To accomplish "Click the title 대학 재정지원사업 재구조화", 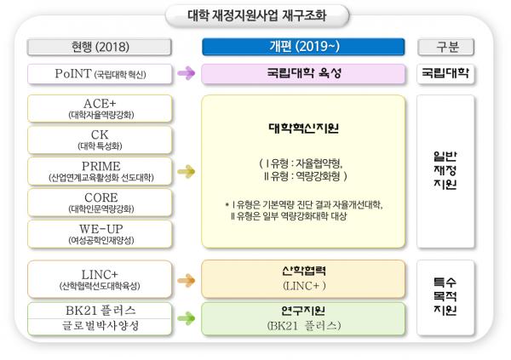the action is point(257,15).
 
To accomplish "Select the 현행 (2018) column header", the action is point(100,47).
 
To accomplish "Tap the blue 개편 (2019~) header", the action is point(303,47).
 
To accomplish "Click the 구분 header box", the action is point(445,47).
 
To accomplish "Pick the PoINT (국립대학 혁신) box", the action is point(100,74).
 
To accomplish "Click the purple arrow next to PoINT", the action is point(187,73).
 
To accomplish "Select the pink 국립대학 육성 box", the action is point(303,74).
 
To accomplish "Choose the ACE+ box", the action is point(100,108).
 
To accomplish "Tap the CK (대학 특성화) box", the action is point(100,140).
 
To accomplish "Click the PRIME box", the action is point(100,171).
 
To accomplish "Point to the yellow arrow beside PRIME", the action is point(187,171).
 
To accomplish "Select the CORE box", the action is point(100,203).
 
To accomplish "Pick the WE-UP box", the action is point(100,234).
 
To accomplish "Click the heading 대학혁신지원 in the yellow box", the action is point(304,128).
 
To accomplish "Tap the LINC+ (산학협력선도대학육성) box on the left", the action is point(100,279).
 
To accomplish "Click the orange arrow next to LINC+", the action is point(187,280).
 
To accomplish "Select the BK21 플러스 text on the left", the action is point(100,310).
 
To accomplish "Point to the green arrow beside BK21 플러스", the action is point(187,318).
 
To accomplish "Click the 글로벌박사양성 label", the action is point(100,325).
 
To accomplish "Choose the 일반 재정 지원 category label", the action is point(445,170).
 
